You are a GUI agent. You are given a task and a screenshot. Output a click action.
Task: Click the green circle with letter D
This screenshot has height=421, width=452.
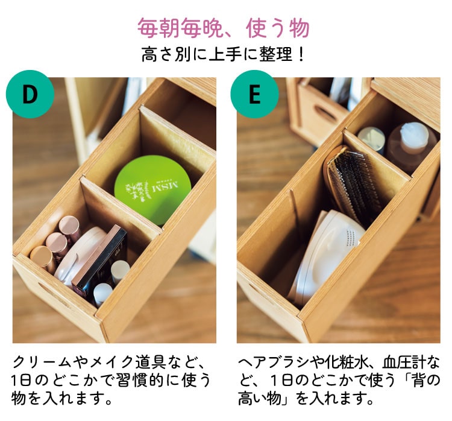(x=30, y=94)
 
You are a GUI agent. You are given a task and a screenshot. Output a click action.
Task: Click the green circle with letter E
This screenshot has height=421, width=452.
(x=254, y=94)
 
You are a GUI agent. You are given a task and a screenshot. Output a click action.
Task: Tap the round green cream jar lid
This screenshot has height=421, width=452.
(x=152, y=189)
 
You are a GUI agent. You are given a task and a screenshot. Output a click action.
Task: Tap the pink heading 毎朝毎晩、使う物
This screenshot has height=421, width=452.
(x=224, y=28)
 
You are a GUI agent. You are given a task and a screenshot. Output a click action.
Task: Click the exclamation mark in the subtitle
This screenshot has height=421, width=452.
(x=301, y=54)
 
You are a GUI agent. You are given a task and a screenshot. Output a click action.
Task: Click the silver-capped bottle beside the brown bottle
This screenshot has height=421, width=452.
(x=372, y=140)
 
